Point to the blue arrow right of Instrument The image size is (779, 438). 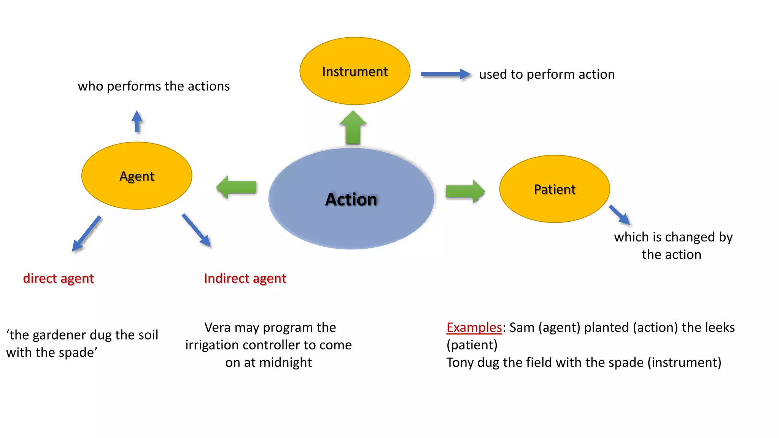point(445,74)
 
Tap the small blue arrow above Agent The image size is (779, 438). point(137,121)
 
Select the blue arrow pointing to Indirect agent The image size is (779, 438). point(196,230)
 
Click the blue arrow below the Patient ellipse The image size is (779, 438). point(620,215)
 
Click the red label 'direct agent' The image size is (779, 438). point(58,278)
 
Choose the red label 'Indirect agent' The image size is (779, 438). point(245,278)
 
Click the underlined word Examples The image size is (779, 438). point(474,327)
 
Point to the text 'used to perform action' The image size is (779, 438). point(547,74)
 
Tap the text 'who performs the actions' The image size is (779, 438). point(154,86)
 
